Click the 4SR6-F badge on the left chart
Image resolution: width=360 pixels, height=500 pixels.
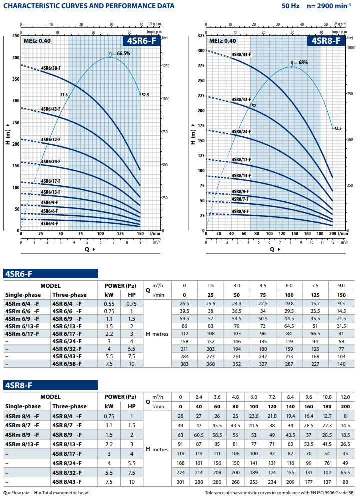tap(142, 41)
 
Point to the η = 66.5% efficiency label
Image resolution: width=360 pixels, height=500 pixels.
tap(120, 53)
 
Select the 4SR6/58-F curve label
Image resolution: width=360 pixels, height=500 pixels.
tap(51, 68)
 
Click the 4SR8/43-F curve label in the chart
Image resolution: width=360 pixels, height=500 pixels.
tap(241, 55)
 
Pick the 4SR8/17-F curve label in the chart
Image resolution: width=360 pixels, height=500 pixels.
tap(241, 159)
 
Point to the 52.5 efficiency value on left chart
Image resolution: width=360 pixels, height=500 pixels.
tap(146, 94)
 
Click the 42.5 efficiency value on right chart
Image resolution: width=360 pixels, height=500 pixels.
tap(338, 128)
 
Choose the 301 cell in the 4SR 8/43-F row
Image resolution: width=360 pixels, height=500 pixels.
tap(181, 482)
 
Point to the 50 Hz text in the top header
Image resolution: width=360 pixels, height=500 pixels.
tap(283, 6)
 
